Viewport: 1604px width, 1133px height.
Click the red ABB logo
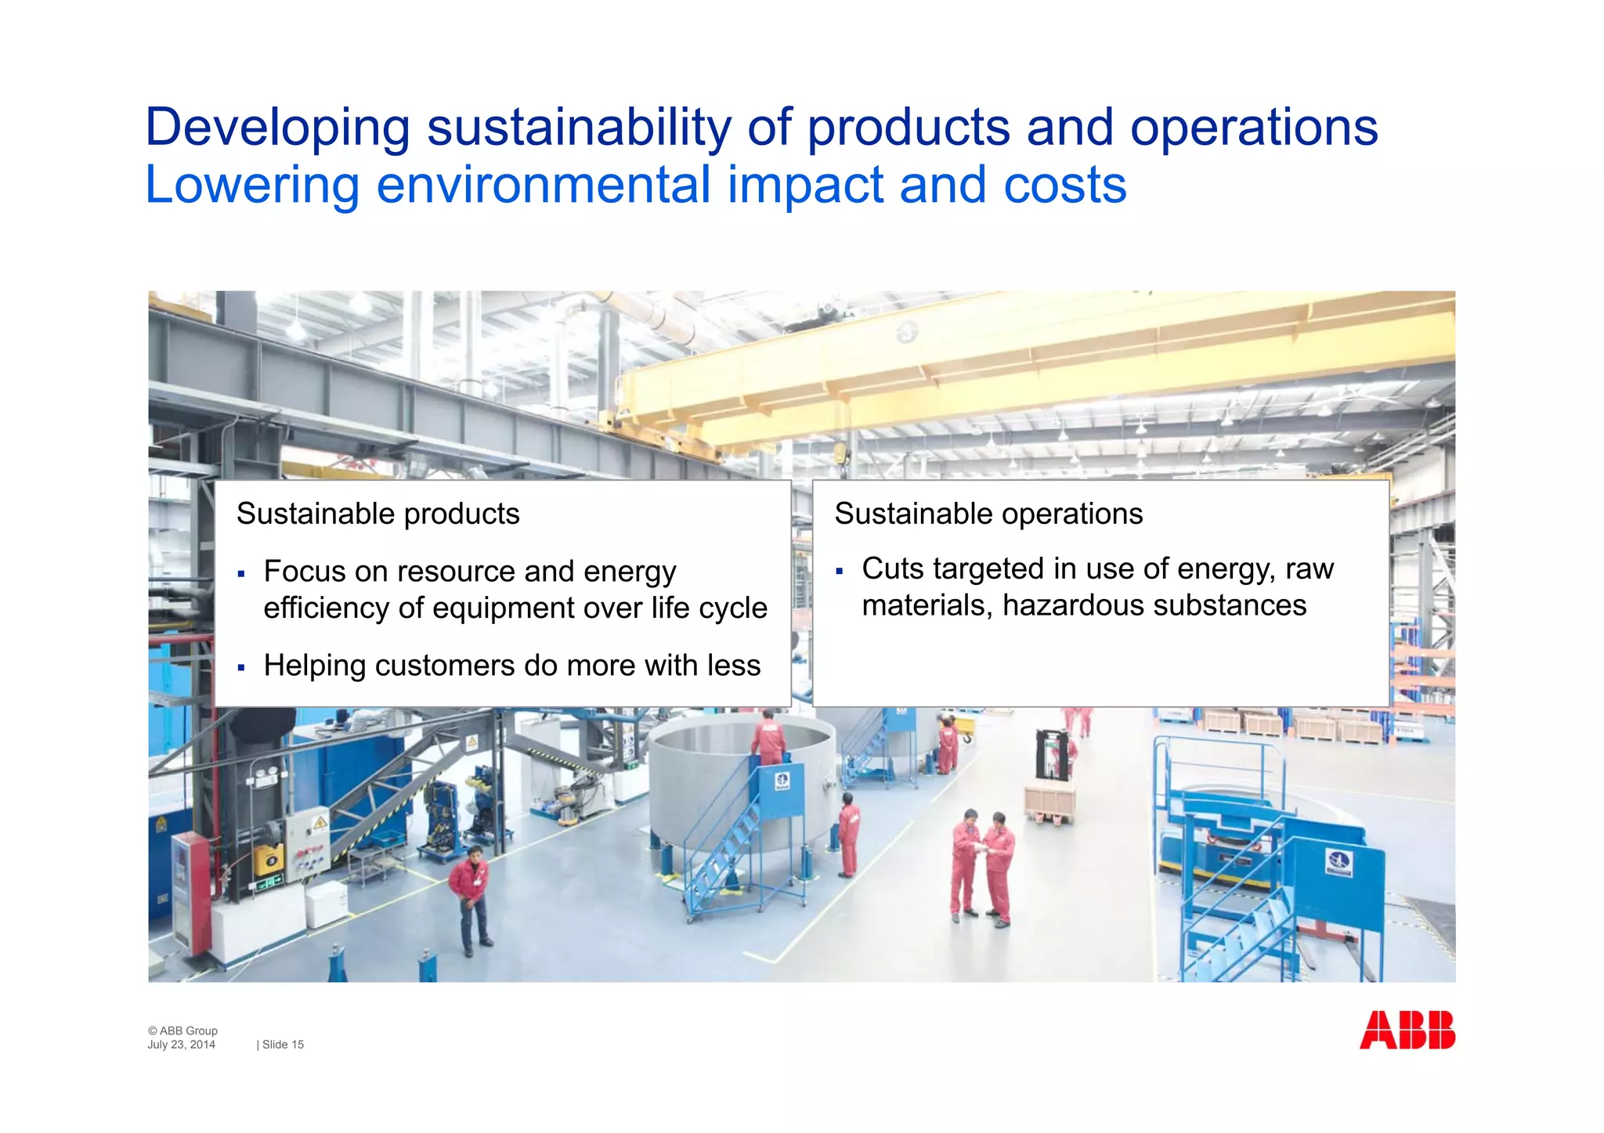(1407, 1030)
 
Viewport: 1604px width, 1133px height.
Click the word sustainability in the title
(579, 128)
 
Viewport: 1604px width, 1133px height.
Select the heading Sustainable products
(378, 514)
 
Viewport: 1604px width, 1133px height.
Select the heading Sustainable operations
(988, 514)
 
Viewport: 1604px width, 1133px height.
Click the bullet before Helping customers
(241, 668)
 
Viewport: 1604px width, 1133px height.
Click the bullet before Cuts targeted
(839, 572)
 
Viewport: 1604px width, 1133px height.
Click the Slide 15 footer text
(282, 1045)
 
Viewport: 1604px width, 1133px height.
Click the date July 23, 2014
(181, 1045)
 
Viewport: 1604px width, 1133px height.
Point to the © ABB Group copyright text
(182, 1030)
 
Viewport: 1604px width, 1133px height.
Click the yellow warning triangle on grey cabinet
(320, 824)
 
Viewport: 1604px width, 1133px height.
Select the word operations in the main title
(1253, 128)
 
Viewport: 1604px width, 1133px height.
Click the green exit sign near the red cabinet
(268, 884)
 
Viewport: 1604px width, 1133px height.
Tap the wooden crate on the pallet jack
(1049, 802)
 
